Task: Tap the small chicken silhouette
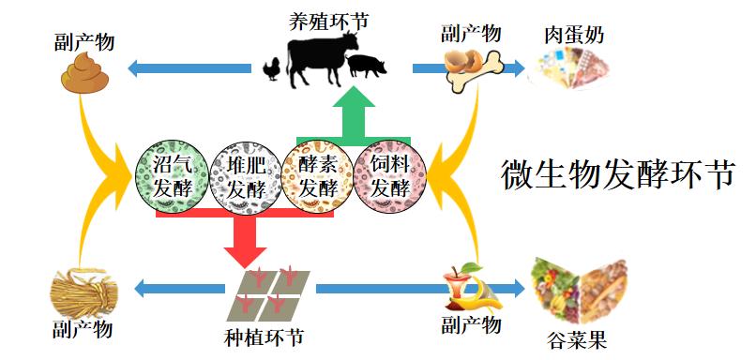(x=273, y=69)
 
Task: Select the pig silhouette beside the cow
(x=367, y=64)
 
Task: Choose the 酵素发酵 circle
(x=316, y=175)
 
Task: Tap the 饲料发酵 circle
(x=389, y=175)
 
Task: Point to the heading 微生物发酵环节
(x=616, y=173)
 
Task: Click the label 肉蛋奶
(x=574, y=36)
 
